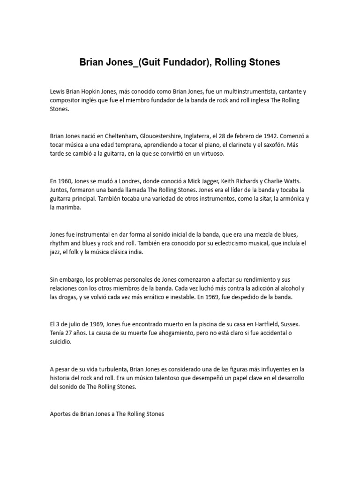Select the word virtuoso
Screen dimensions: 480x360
tap(212, 154)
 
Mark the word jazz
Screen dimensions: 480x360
tap(57, 252)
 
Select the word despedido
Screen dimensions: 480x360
tap(241, 297)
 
